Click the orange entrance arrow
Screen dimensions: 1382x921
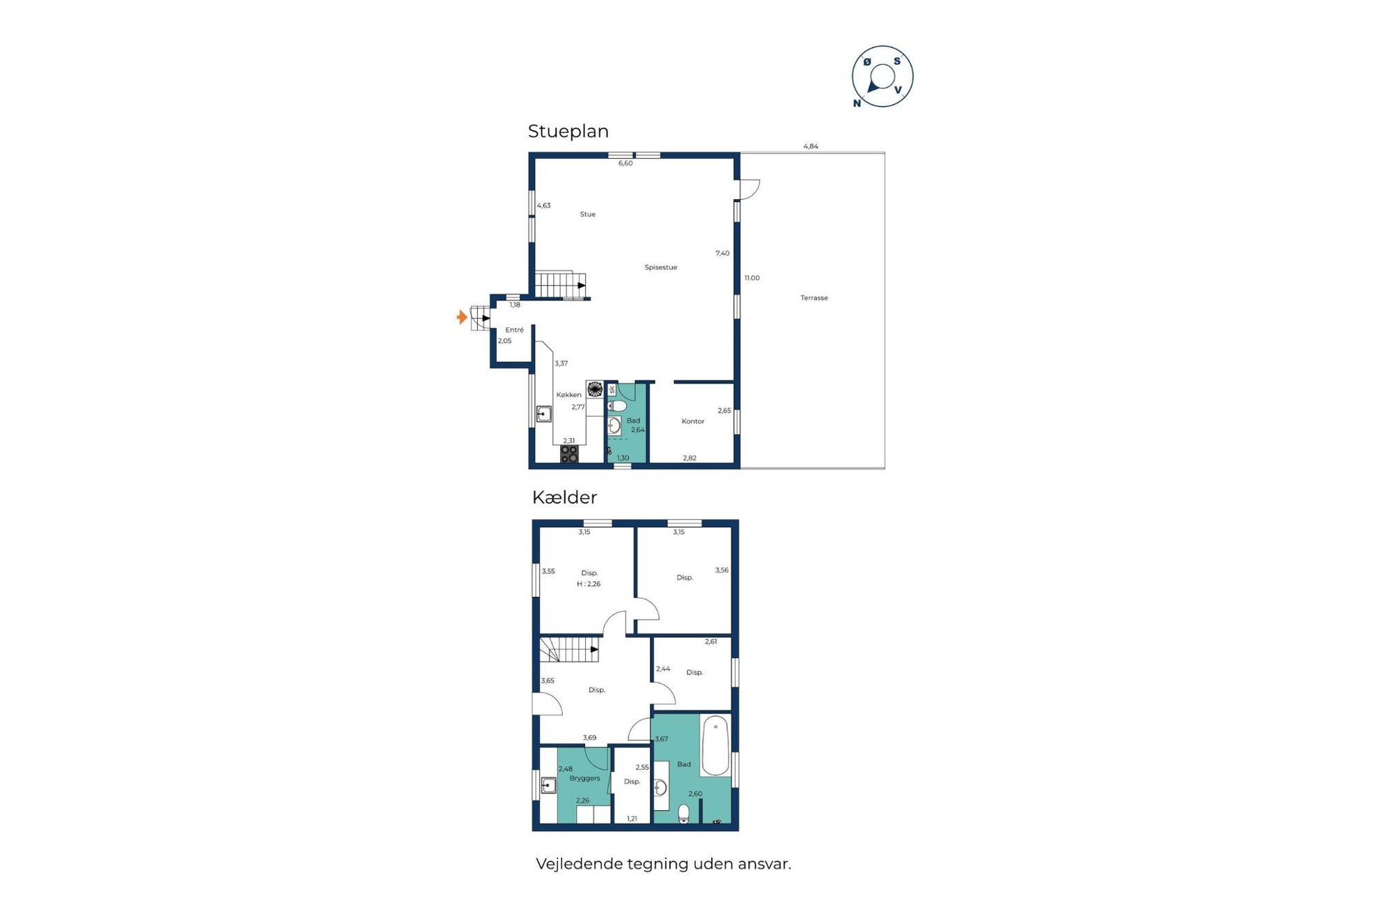462,318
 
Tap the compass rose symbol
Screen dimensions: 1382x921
882,77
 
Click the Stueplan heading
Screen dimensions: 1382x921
568,131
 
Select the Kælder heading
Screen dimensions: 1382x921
564,497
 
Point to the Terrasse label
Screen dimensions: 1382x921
814,298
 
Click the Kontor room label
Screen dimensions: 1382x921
692,421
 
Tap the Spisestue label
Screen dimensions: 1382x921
660,268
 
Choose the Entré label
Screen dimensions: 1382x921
514,330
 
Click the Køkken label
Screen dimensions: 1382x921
568,395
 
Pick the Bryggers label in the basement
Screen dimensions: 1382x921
584,778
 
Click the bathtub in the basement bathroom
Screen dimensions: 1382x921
715,745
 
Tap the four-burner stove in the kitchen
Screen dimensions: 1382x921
569,454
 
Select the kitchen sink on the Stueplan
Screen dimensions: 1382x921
543,415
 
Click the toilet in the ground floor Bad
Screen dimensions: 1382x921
617,406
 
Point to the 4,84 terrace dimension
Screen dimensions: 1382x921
810,146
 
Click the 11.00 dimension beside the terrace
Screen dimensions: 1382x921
752,278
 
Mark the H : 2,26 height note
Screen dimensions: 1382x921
588,585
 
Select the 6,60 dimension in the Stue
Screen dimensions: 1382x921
626,164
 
